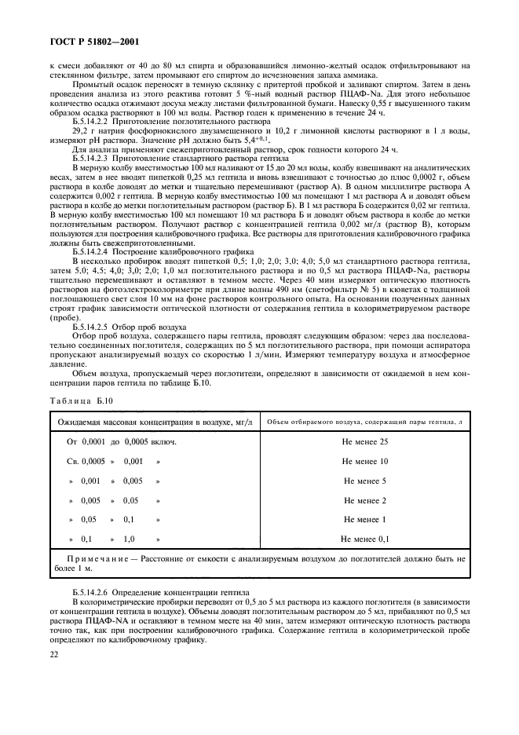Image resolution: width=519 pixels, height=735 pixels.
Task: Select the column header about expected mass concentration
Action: click(x=155, y=422)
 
